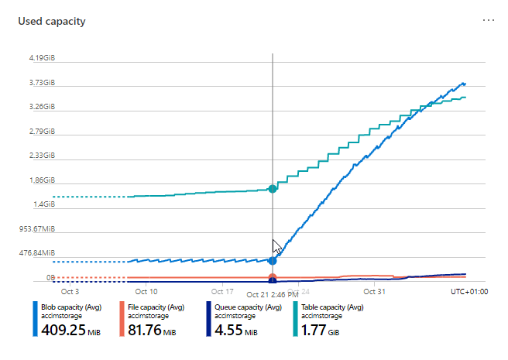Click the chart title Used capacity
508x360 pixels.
pos(52,21)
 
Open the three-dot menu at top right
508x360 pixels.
pos(488,20)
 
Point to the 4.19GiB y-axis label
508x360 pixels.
pos(42,58)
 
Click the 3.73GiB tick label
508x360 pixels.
pos(42,82)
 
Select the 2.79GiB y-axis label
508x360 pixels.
pos(42,131)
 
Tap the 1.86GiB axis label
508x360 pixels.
pos(42,180)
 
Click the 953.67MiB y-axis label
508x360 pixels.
pos(37,228)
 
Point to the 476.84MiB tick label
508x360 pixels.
pos(37,253)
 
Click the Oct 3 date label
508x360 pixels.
pos(70,292)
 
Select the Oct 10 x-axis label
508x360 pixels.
pos(146,292)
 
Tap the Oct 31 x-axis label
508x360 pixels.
pos(374,292)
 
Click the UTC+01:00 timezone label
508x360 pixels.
pos(469,292)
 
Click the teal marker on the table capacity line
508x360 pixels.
pos(272,189)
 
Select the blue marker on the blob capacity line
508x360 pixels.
pos(272,260)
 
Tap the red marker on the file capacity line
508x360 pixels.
pos(272,277)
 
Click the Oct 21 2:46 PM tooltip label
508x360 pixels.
pos(272,294)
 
